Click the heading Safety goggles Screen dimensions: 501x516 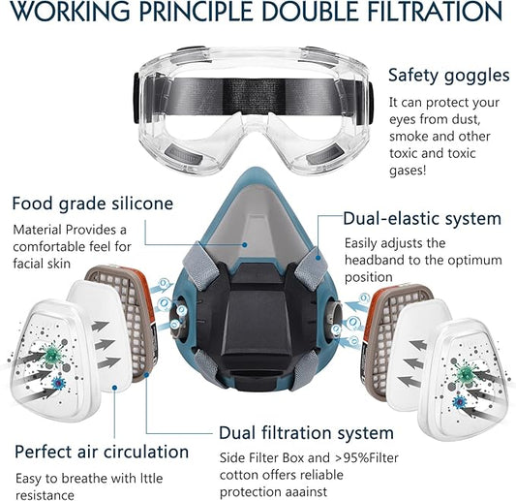pos(448,75)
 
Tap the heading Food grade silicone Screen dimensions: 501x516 pos(93,204)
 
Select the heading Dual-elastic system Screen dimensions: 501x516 pos(422,219)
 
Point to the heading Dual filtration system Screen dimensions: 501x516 pos(306,432)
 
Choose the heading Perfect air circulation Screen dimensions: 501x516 pos(101,452)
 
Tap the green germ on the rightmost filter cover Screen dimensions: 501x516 pos(465,373)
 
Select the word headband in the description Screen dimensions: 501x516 pos(375,260)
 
